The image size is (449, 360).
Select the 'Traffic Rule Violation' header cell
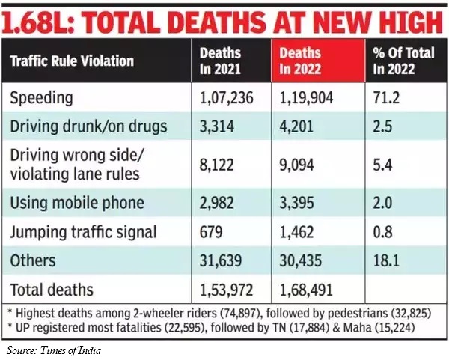point(72,60)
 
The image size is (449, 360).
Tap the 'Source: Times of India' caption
point(54,349)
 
